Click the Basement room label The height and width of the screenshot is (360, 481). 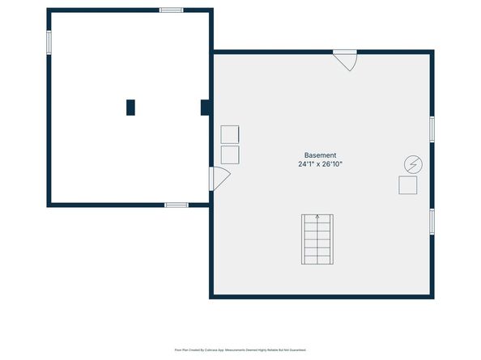[320, 155]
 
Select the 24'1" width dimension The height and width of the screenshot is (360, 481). [305, 164]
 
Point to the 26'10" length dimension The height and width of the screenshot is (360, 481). [332, 164]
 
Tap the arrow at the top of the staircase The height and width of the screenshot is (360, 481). [317, 218]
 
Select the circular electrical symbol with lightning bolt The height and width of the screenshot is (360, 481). [412, 164]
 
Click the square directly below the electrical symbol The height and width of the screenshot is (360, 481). [407, 185]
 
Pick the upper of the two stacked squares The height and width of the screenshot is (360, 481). [230, 134]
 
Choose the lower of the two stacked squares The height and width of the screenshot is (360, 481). [230, 155]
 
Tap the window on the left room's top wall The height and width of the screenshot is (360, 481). [171, 11]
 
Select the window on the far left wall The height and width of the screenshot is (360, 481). [49, 42]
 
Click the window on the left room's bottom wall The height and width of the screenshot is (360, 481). [177, 205]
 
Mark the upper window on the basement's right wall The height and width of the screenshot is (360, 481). [432, 129]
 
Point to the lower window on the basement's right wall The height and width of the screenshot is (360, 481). [432, 221]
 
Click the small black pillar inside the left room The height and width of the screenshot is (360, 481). [130, 108]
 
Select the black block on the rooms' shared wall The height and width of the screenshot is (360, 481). [206, 108]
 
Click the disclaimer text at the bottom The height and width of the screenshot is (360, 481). [240, 349]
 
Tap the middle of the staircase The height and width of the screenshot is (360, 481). [317, 239]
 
